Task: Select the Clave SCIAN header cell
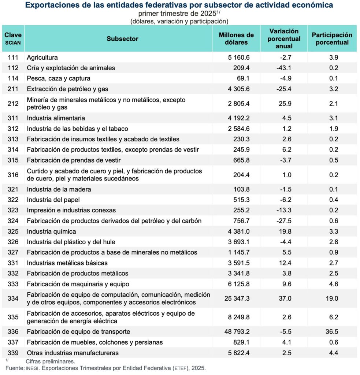pyautogui.click(x=13, y=38)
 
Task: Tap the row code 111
pyautogui.click(x=13, y=57)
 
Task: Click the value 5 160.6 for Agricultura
pyautogui.click(x=239, y=57)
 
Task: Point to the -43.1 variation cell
pyautogui.click(x=284, y=68)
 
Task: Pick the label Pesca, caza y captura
pyautogui.click(x=59, y=78)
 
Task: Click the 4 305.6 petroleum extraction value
pyautogui.click(x=239, y=89)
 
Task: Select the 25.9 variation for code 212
pyautogui.click(x=284, y=104)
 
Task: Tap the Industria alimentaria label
pyautogui.click(x=56, y=118)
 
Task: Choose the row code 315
pyautogui.click(x=13, y=160)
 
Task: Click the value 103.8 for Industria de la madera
pyautogui.click(x=241, y=189)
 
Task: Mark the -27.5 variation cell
pyautogui.click(x=284, y=221)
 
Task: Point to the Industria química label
pyautogui.click(x=51, y=231)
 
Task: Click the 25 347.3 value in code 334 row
pyautogui.click(x=237, y=298)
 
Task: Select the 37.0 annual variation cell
pyautogui.click(x=284, y=298)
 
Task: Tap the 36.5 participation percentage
pyautogui.click(x=332, y=332)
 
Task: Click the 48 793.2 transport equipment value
pyautogui.click(x=237, y=332)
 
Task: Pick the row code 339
pyautogui.click(x=13, y=353)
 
